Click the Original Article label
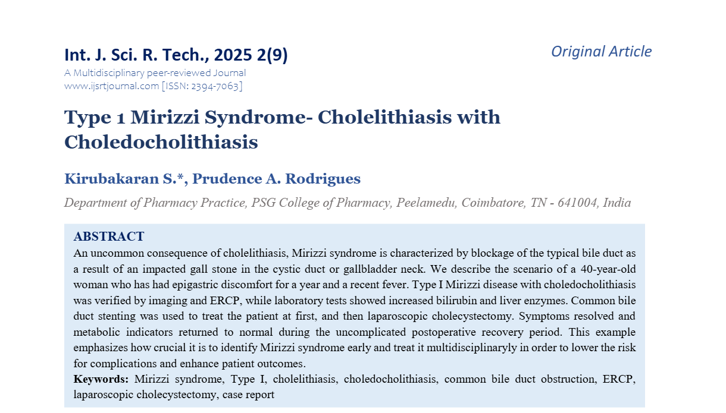pos(601,52)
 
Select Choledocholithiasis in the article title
pos(161,142)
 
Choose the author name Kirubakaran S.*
pos(124,179)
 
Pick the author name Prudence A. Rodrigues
pos(277,179)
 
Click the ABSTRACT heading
pos(109,237)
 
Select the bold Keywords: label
pos(101,379)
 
